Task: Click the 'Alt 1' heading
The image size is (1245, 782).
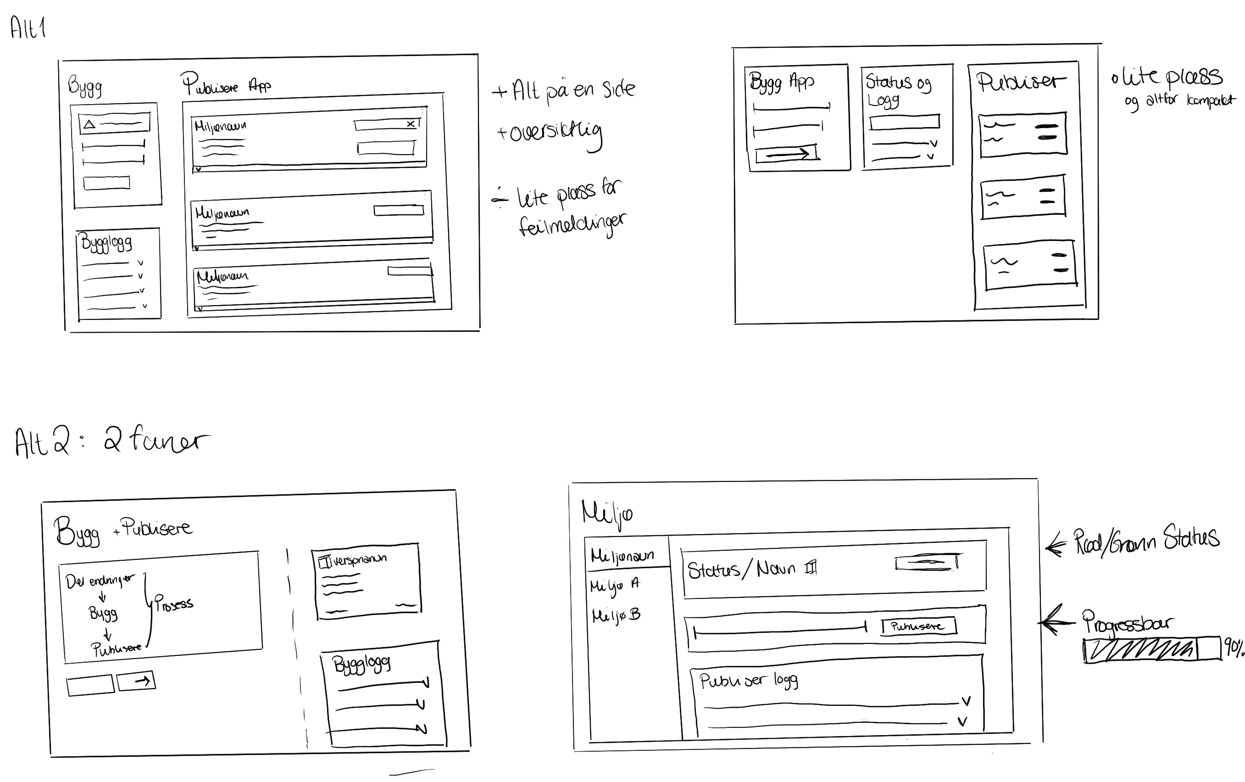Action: tap(28, 28)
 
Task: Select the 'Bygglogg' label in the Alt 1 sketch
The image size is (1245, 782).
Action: tap(106, 243)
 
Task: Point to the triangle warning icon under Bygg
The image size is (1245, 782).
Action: tap(89, 124)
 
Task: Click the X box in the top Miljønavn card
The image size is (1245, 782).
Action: tap(411, 123)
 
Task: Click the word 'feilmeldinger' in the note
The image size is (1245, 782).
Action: tap(571, 225)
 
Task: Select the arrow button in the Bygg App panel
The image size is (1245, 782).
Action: tap(786, 154)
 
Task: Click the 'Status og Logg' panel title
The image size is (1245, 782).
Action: tap(898, 89)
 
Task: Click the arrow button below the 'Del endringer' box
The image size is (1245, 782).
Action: tap(136, 681)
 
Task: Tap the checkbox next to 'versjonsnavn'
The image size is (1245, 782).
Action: tap(325, 562)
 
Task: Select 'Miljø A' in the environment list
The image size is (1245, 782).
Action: tap(615, 586)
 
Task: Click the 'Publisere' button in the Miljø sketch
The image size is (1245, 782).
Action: tap(918, 626)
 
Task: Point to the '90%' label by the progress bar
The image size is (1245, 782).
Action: tap(1233, 648)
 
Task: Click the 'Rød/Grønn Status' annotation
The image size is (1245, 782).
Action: tap(1146, 541)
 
